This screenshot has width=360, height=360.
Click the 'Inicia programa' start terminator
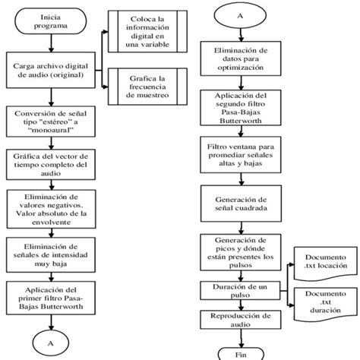tap(51, 21)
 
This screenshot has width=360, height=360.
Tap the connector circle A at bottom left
tap(51, 342)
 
